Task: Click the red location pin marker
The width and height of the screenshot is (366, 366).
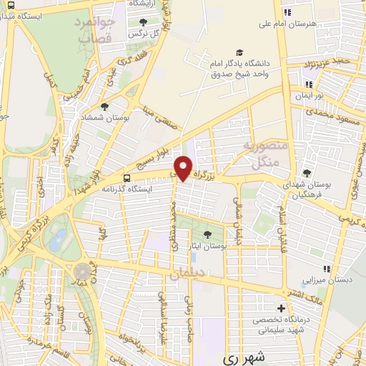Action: [x=184, y=167]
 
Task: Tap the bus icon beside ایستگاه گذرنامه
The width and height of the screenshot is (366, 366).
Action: [x=127, y=179]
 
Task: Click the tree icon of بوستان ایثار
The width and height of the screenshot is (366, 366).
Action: [x=207, y=234]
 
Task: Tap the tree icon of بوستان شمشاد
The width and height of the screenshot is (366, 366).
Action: [x=104, y=107]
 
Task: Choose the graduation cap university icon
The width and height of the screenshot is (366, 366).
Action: [x=240, y=52]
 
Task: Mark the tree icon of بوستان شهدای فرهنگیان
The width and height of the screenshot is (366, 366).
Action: [x=307, y=172]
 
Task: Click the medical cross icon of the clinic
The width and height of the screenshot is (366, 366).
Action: [x=280, y=310]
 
